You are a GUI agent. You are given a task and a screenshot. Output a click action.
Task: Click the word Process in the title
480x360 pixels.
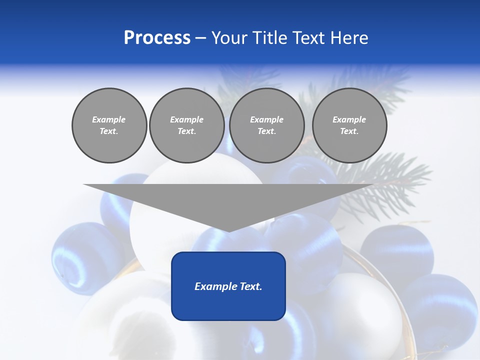click(x=157, y=38)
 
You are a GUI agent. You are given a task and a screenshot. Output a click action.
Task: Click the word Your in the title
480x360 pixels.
click(x=229, y=38)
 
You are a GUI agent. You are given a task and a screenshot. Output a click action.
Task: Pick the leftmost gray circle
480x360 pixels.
click(x=109, y=125)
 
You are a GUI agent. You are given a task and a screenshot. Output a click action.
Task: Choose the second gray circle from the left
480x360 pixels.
click(x=186, y=125)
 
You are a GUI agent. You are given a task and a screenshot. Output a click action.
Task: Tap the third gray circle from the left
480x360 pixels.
click(x=266, y=125)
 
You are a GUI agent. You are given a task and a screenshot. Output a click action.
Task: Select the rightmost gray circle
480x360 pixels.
click(x=349, y=125)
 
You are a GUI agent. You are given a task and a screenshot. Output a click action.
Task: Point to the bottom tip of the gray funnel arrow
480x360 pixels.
click(x=229, y=231)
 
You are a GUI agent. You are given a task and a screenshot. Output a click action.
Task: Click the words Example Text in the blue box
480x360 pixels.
click(x=228, y=286)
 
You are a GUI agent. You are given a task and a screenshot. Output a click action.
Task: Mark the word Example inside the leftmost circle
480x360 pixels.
click(x=109, y=119)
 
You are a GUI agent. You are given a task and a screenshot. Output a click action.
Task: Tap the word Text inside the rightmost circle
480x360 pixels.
click(x=349, y=131)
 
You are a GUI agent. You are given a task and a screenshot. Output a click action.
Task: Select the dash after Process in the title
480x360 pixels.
click(x=200, y=38)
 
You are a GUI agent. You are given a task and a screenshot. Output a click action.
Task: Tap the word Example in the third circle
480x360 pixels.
click(x=266, y=119)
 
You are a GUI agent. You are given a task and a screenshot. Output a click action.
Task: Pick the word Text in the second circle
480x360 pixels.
click(x=186, y=131)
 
